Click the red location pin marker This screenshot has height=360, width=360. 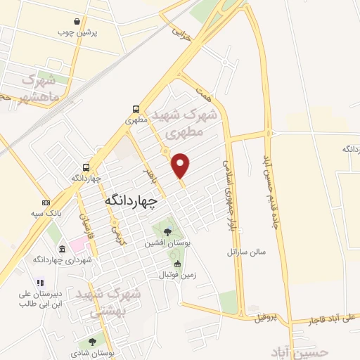coord(181,165)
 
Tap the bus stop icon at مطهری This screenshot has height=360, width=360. coord(135,109)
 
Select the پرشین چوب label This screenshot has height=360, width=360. coord(96,32)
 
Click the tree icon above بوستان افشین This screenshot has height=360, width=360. coord(167,231)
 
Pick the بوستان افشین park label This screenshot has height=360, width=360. coord(167,243)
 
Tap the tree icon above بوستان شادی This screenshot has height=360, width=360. coord(93,341)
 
